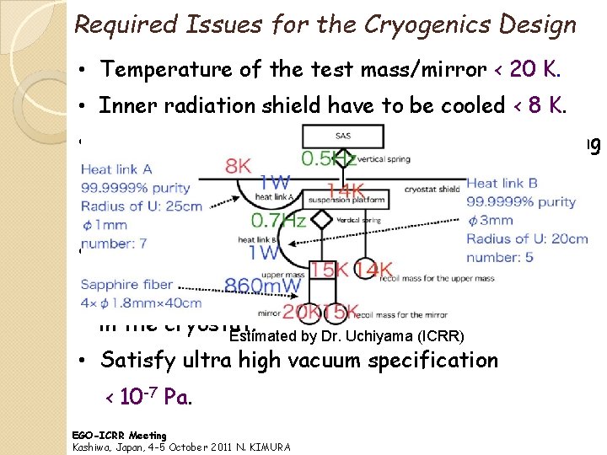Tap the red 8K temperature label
(239, 165)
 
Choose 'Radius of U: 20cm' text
(527, 238)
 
